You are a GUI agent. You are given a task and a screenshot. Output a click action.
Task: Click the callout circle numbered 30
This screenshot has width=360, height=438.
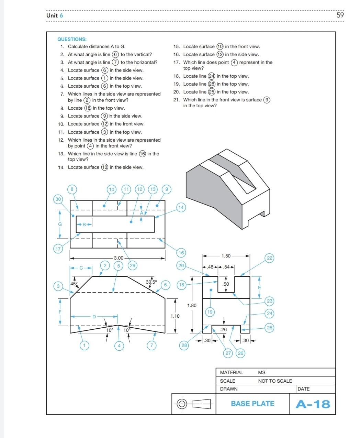point(58,199)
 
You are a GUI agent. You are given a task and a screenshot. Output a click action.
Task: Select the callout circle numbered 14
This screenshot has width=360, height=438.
point(181,207)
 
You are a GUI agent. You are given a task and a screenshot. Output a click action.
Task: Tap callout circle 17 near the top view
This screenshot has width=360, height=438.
point(58,249)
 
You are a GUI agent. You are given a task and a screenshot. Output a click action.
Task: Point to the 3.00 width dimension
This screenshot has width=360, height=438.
point(119,258)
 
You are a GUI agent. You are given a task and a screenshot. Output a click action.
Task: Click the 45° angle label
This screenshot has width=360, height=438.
point(74,284)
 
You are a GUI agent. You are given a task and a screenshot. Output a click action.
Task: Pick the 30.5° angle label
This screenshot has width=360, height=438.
point(151,282)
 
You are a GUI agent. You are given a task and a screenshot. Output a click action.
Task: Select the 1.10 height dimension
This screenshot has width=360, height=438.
point(175,316)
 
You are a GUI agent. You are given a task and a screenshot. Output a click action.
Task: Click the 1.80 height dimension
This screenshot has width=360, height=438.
point(192,305)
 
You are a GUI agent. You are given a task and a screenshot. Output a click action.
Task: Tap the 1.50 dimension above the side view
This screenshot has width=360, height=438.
point(226,256)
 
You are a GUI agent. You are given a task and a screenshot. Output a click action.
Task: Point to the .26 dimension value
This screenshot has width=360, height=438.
point(224,329)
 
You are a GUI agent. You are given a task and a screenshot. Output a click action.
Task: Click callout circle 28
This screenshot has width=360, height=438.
point(184,345)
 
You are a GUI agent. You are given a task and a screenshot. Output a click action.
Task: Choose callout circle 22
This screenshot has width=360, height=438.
point(270,258)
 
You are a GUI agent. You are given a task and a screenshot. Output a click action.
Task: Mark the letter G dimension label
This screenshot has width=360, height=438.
point(60,224)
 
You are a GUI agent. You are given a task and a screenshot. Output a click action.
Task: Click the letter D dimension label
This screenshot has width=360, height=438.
point(94,317)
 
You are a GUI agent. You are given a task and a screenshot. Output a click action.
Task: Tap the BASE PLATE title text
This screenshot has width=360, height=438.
point(252,404)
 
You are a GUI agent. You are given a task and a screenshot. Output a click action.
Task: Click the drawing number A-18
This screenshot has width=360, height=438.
point(313,404)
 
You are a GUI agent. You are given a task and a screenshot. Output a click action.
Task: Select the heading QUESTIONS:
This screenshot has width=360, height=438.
point(72,39)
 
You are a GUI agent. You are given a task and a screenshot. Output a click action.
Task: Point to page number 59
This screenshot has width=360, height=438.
point(340,15)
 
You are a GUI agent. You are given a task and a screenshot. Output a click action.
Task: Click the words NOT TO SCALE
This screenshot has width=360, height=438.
point(275,381)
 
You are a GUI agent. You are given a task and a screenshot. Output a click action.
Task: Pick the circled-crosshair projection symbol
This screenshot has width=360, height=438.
point(182,404)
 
